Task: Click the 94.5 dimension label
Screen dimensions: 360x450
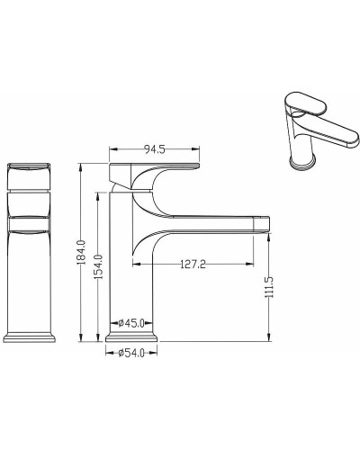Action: click(155, 149)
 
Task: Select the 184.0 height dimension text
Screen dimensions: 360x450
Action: click(82, 252)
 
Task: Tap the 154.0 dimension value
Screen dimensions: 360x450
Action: click(99, 266)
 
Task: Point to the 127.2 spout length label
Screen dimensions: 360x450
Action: click(193, 265)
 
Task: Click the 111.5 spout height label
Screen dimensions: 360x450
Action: click(269, 287)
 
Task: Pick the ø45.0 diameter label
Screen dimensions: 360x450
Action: click(131, 323)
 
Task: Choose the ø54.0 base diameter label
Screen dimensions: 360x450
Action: click(131, 353)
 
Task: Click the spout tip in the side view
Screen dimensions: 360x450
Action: click(262, 224)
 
